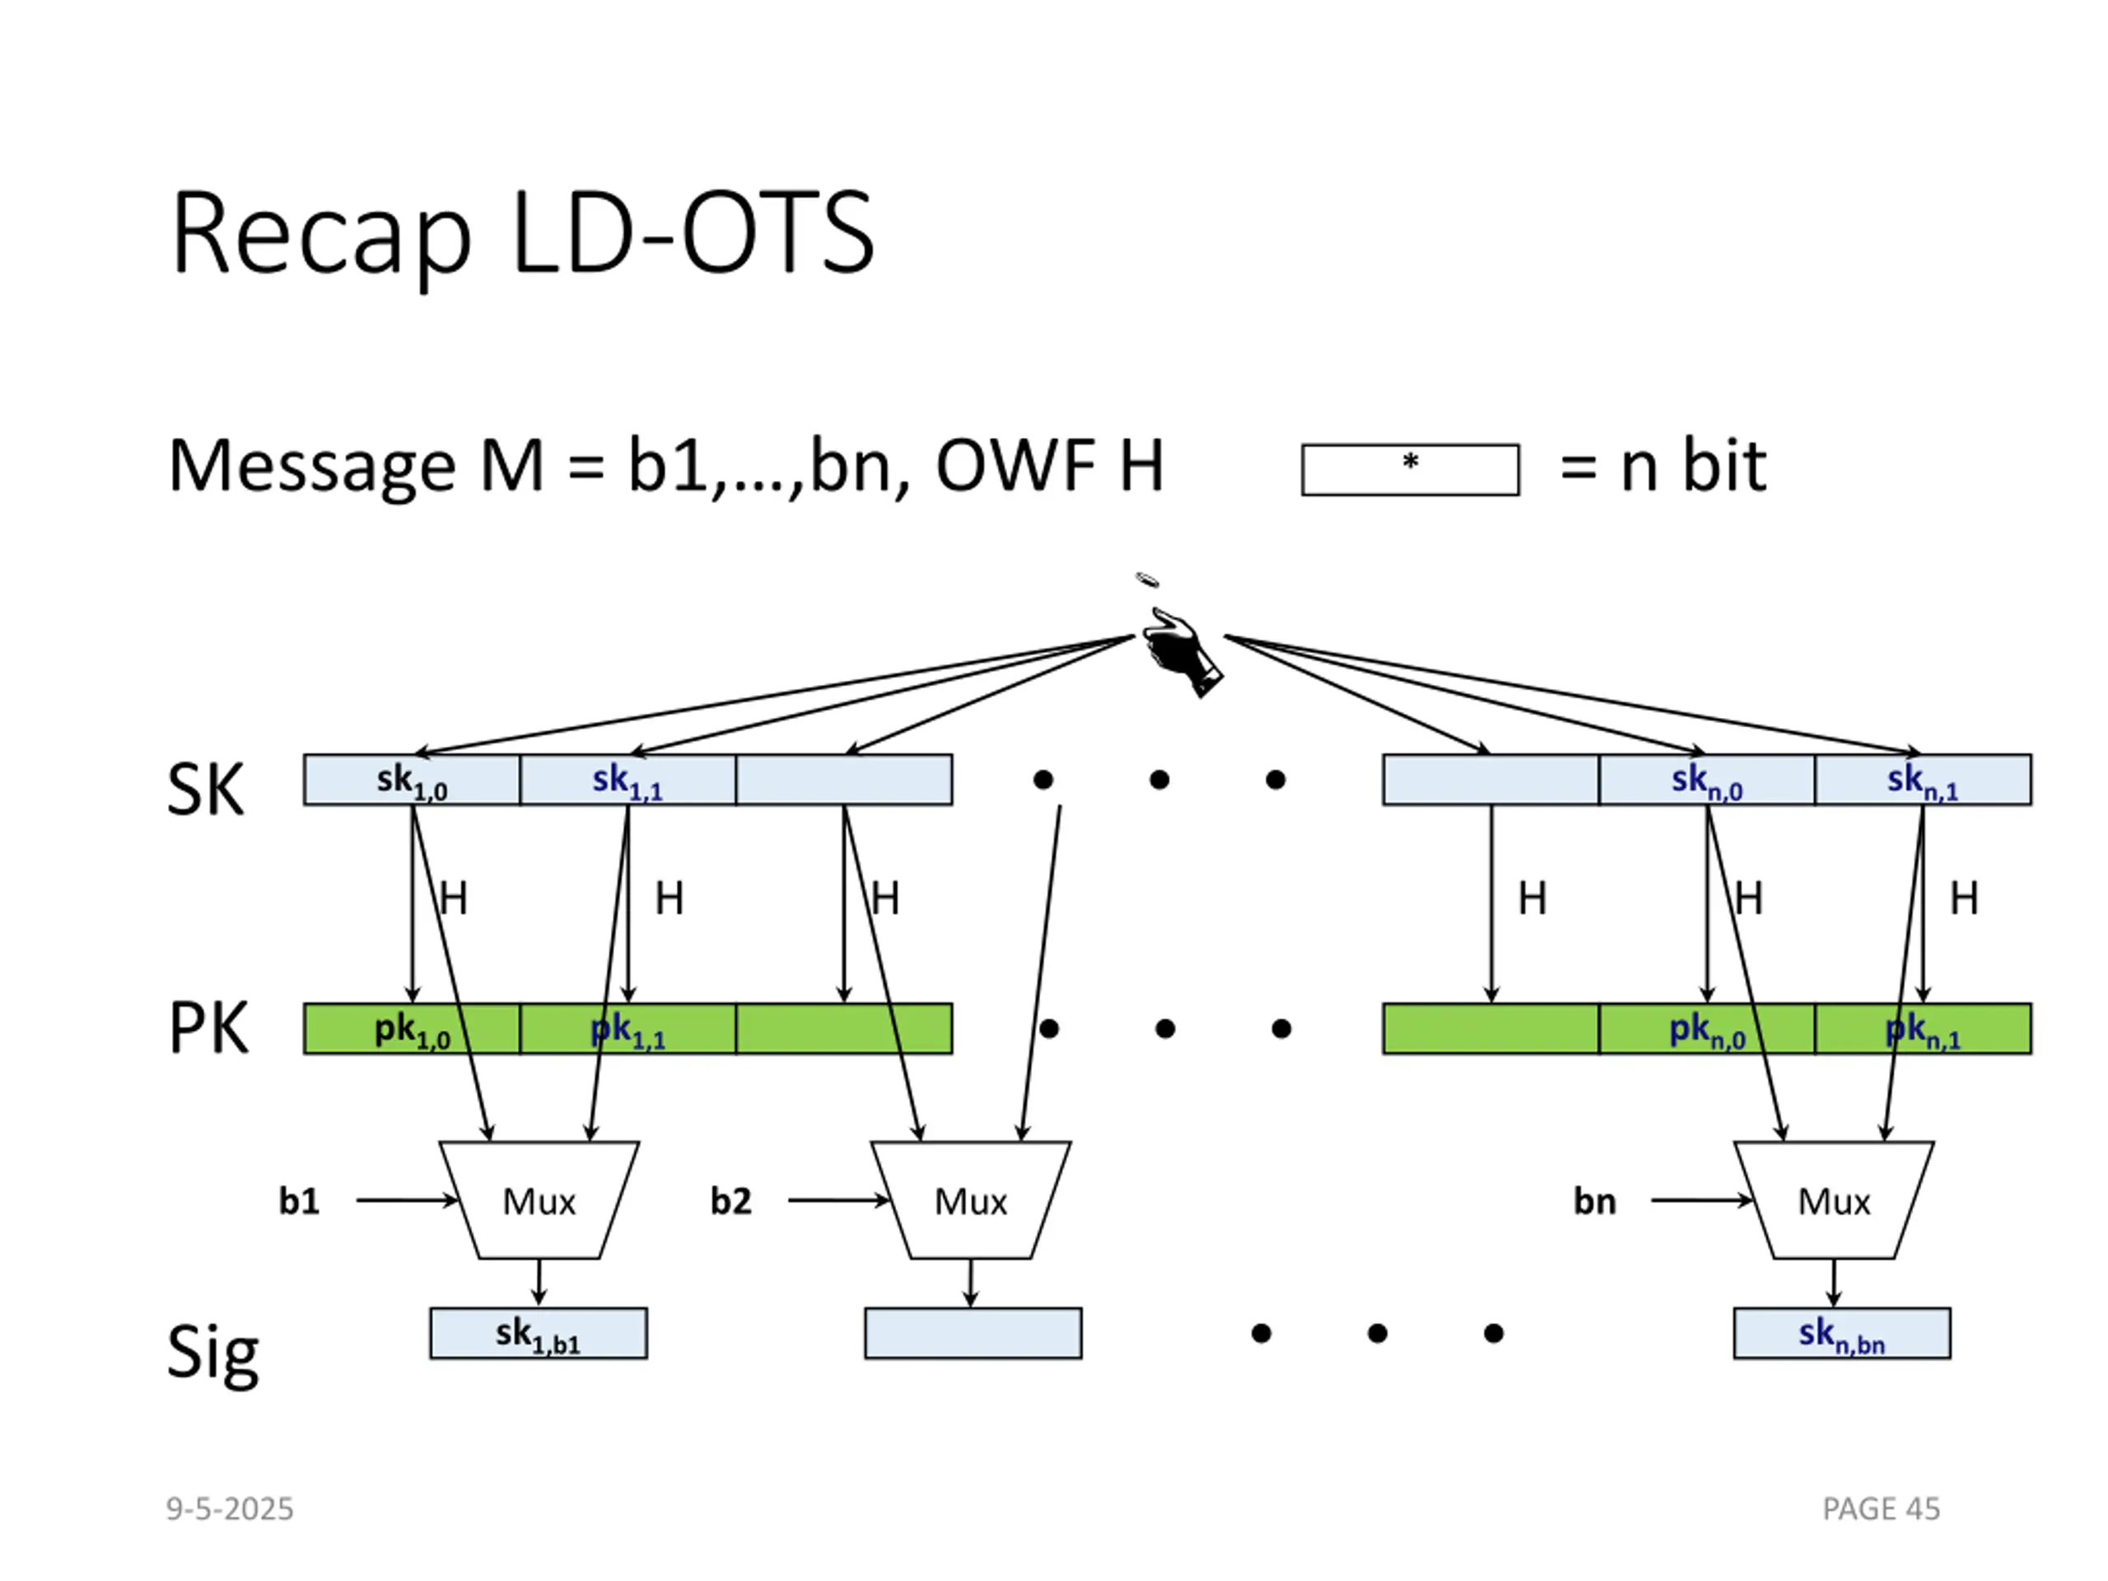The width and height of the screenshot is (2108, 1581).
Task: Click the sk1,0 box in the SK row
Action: (412, 780)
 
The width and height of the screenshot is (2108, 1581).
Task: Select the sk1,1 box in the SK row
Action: (628, 780)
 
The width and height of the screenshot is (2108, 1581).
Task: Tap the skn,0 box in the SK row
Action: (1707, 780)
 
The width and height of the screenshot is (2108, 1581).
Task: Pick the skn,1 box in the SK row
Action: (1923, 780)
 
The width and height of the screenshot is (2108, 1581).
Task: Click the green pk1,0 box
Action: (412, 1028)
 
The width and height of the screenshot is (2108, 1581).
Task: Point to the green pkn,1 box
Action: (1923, 1028)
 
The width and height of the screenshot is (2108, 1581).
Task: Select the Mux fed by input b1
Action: (539, 1200)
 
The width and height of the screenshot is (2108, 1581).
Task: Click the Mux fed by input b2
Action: (971, 1200)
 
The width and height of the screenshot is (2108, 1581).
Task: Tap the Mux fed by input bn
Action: (1835, 1200)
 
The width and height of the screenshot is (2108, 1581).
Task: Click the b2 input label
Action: (731, 1201)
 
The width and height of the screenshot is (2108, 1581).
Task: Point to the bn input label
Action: (1594, 1201)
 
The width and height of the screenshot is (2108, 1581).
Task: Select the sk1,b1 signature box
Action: (539, 1333)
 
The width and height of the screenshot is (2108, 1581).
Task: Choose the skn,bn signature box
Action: (1842, 1333)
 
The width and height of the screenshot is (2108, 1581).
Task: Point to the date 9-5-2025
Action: (230, 1509)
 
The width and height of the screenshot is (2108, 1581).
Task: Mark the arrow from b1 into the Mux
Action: (408, 1201)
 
